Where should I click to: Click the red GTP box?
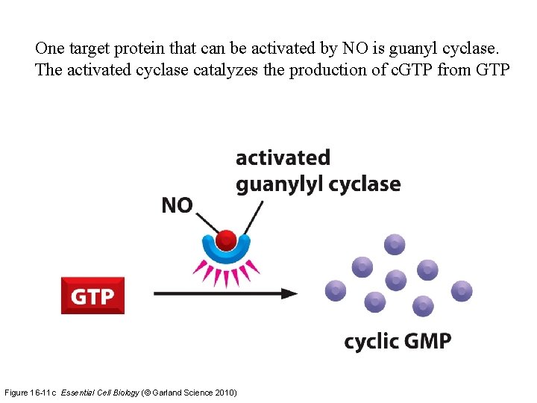point(92,296)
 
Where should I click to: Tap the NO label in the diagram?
point(177,205)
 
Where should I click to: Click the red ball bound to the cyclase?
point(225,240)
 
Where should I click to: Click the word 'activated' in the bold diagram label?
point(283,157)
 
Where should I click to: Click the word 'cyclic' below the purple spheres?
point(371,343)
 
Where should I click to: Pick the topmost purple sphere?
point(395,244)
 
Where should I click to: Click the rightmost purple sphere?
point(462,290)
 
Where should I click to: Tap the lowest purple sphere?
point(423,305)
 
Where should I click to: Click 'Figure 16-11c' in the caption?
point(31,392)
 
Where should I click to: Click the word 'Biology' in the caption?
point(121,392)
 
